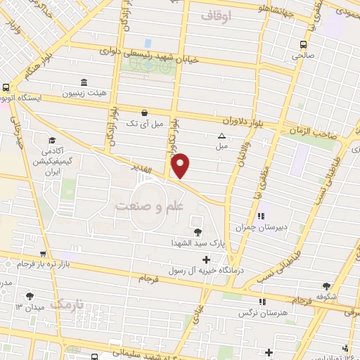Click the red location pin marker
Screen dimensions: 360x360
click(x=181, y=165)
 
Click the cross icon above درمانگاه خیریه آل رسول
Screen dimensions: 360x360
click(x=205, y=260)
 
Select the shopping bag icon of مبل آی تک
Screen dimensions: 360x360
click(x=145, y=112)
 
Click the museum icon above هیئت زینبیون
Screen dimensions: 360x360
click(x=84, y=82)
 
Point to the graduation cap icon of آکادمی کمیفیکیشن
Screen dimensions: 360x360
click(x=52, y=140)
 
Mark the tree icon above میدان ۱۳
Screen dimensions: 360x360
click(x=30, y=296)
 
